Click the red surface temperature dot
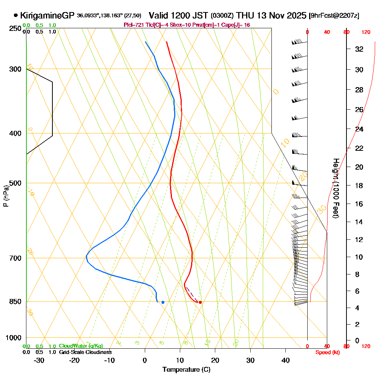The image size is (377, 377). point(200,302)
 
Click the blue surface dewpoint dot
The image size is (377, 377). point(163,302)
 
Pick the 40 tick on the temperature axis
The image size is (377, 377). point(285,360)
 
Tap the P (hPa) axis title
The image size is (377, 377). point(6,196)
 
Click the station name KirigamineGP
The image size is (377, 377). point(47,16)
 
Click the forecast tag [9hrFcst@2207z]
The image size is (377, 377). point(334,16)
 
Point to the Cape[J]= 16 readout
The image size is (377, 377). point(238,25)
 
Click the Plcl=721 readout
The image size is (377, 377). point(133,25)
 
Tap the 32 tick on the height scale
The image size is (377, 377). point(359,49)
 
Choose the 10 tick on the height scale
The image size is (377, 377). point(359,257)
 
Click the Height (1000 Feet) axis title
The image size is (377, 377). point(335,188)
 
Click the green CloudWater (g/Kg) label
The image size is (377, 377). point(81,346)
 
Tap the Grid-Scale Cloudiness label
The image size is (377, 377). point(85,352)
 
